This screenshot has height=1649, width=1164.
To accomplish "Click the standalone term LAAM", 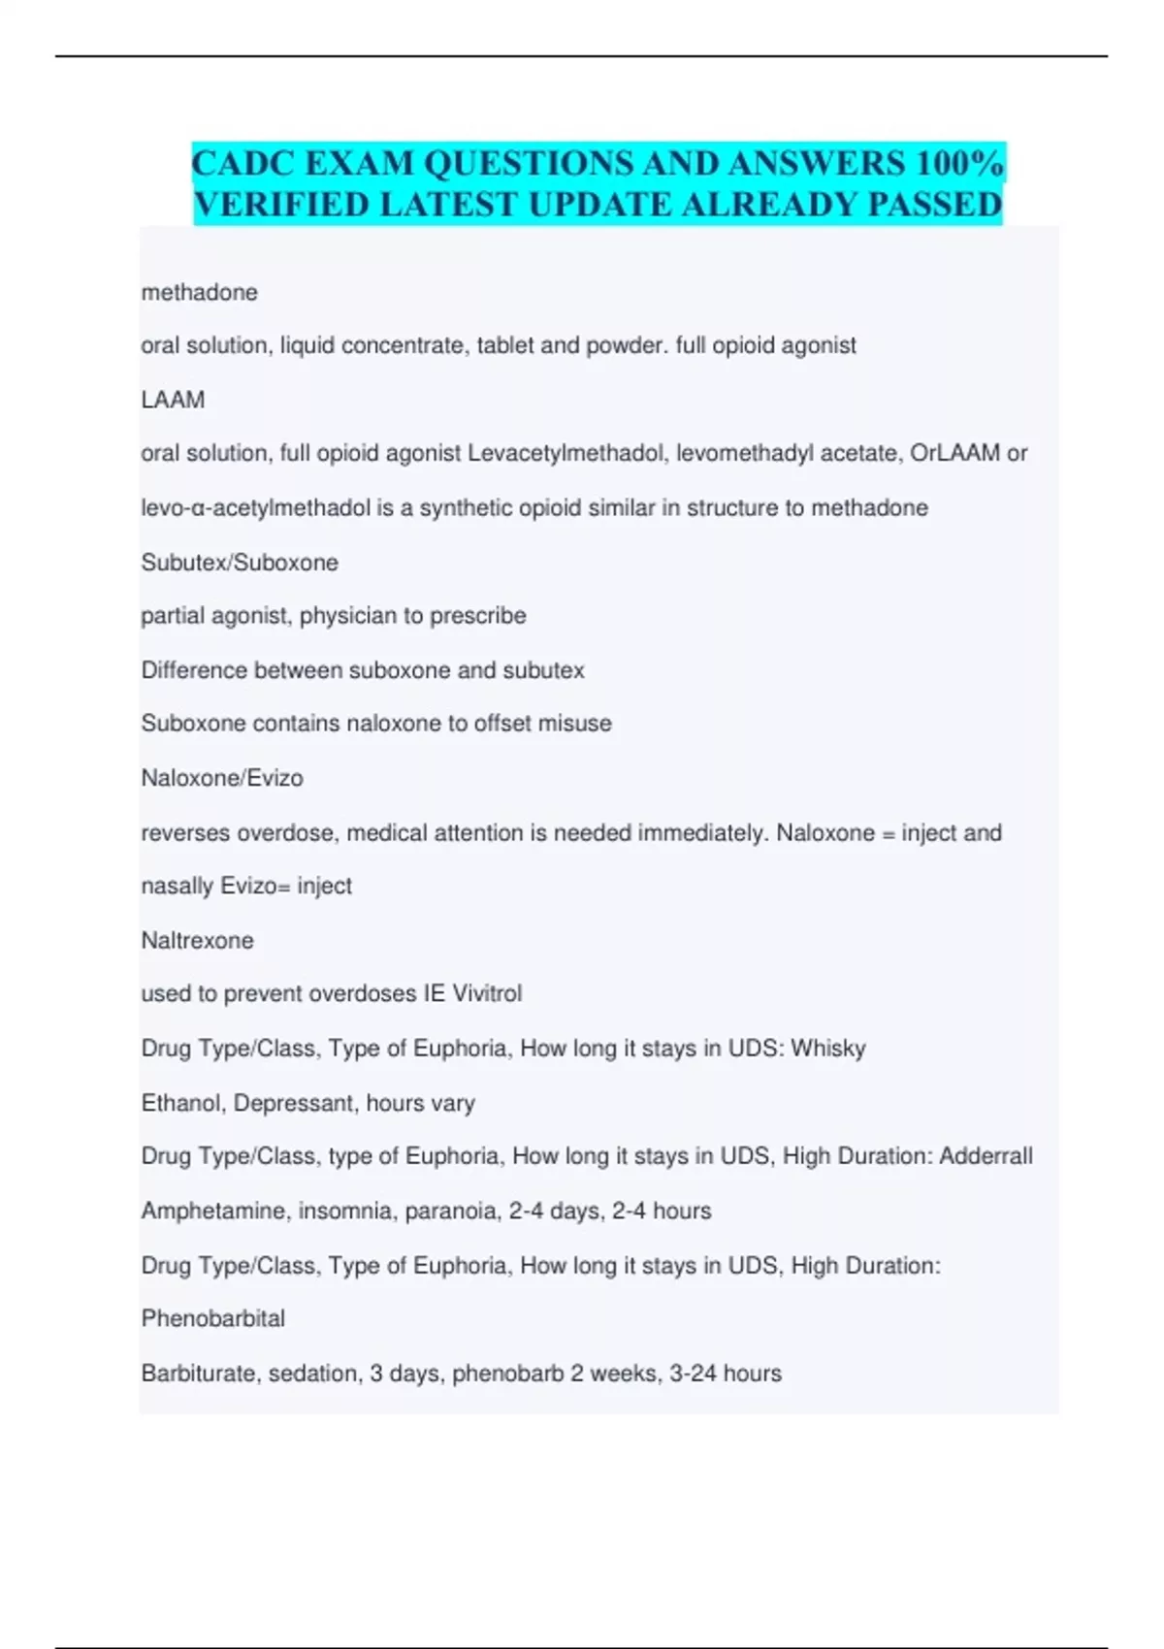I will tap(173, 400).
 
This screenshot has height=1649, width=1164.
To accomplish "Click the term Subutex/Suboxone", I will tap(240, 563).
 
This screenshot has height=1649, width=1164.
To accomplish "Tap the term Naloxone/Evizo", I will tap(222, 778).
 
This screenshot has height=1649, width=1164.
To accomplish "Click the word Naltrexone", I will tap(197, 940).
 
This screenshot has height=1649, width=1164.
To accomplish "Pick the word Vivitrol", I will tap(487, 993).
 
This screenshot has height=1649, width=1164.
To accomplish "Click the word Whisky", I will tap(828, 1049).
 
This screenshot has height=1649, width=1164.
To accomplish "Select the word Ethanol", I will tap(180, 1103).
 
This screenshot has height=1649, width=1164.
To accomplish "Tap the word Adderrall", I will tap(985, 1156).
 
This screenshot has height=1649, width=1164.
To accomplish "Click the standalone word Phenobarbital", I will tap(213, 1319).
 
